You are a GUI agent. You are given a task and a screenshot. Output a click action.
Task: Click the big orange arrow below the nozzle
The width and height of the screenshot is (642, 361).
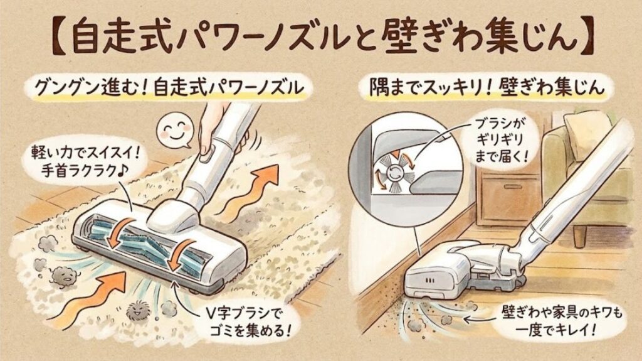[97, 295]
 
